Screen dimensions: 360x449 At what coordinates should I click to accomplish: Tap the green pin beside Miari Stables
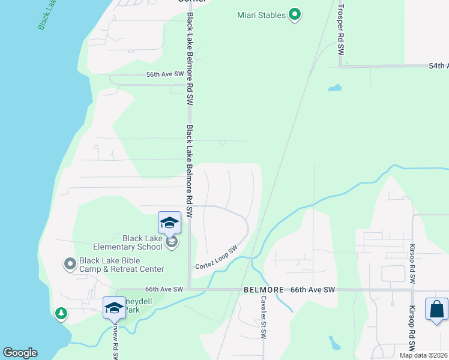pyautogui.click(x=294, y=14)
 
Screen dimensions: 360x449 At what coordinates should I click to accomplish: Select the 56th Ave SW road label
pyautogui.click(x=164, y=74)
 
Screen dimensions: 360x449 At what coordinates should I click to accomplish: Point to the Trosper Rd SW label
pyautogui.click(x=340, y=29)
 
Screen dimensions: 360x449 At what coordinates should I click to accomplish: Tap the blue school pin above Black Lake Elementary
pyautogui.click(x=169, y=223)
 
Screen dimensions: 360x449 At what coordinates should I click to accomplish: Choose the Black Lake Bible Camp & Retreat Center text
pyautogui.click(x=122, y=265)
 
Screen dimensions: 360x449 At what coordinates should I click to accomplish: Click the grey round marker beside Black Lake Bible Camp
pyautogui.click(x=70, y=263)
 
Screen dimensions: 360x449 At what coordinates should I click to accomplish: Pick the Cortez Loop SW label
pyautogui.click(x=216, y=257)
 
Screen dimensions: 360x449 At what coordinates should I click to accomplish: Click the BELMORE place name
pyautogui.click(x=264, y=289)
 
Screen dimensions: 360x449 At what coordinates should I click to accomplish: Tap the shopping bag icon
pyautogui.click(x=436, y=310)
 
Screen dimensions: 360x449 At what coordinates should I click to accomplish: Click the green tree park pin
pyautogui.click(x=61, y=313)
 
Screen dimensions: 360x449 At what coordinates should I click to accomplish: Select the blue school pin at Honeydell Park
pyautogui.click(x=114, y=308)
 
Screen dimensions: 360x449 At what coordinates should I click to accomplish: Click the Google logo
pyautogui.click(x=20, y=353)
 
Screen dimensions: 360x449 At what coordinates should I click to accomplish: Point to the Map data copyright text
pyautogui.click(x=423, y=355)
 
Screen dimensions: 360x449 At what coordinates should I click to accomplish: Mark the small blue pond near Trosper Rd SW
pyautogui.click(x=334, y=88)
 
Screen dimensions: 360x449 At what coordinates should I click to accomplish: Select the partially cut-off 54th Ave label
pyautogui.click(x=438, y=65)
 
